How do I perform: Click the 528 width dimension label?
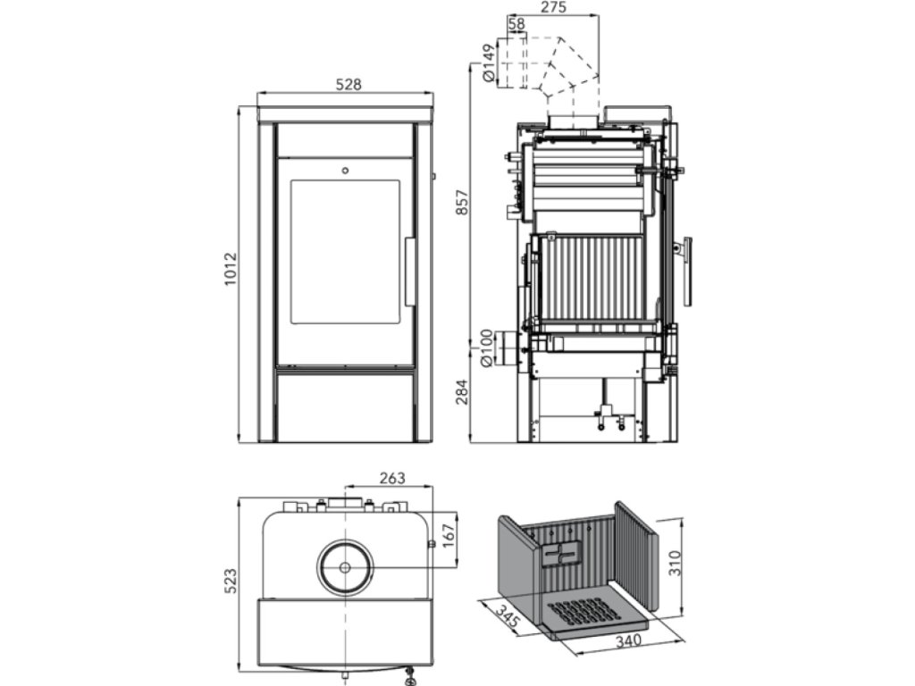(348, 85)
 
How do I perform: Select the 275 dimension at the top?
(554, 8)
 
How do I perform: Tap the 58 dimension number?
(516, 24)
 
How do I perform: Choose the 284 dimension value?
(460, 391)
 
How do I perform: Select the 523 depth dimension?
(230, 585)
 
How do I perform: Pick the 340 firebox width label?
(628, 640)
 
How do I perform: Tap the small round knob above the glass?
(345, 168)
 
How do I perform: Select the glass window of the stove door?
(345, 251)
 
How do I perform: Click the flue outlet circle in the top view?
(345, 566)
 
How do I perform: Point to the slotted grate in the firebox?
(582, 614)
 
